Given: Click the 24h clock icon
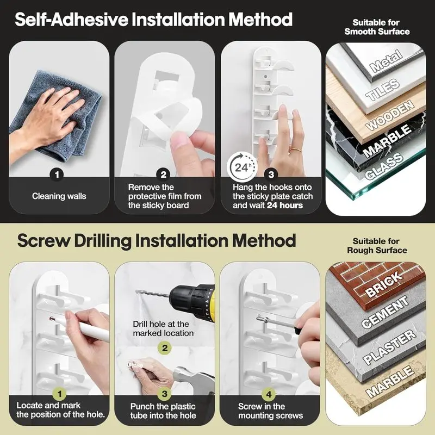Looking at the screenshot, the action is click(242, 167).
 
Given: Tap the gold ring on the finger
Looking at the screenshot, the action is click(296, 150).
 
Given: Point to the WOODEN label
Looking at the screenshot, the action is click(389, 115).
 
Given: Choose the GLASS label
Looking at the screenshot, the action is click(384, 166).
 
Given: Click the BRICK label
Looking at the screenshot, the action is click(384, 283).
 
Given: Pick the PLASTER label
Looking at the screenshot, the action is click(389, 347).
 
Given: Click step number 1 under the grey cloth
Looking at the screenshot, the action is click(57, 175).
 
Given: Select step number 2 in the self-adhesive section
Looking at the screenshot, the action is click(164, 175).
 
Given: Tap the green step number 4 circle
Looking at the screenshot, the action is click(269, 394).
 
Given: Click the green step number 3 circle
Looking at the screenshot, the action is click(165, 394).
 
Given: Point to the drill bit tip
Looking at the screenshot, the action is click(136, 291).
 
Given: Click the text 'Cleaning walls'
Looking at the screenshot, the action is click(59, 196).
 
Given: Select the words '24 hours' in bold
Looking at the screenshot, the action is click(284, 206).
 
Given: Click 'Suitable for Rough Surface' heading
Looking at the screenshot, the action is click(377, 246).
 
